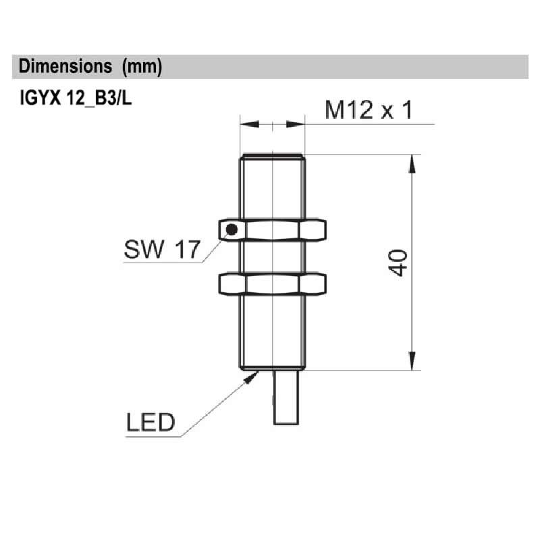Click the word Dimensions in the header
[65, 67]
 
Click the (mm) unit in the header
[142, 67]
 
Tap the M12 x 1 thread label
[368, 109]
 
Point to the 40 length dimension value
[398, 263]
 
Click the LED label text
[151, 423]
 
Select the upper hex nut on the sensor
[273, 230]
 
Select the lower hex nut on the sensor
[273, 283]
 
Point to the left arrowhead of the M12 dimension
[248, 124]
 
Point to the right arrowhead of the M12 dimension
[297, 124]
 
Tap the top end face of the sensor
[273, 156]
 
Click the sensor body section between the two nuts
[273, 257]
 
